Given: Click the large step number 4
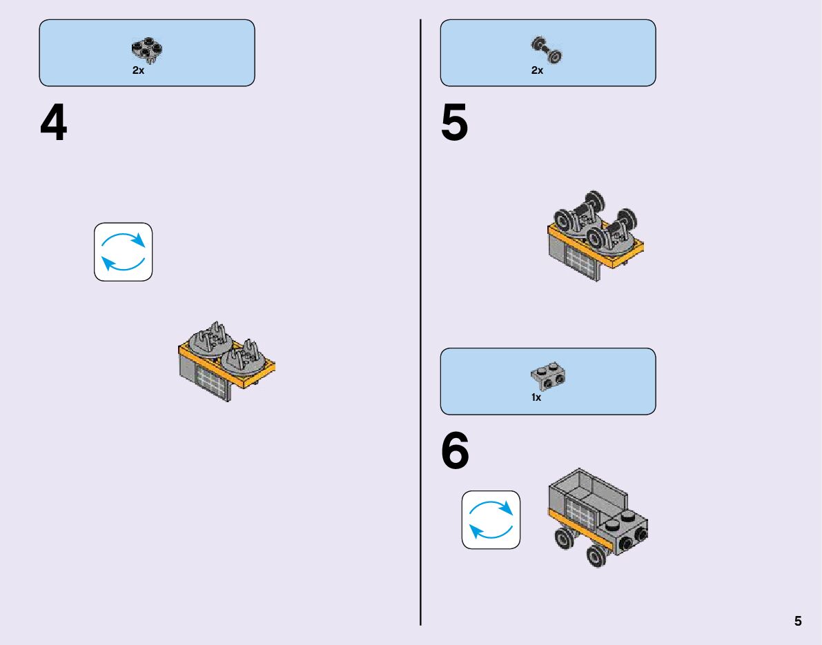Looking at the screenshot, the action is [x=54, y=125].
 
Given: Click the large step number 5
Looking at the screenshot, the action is [x=454, y=124].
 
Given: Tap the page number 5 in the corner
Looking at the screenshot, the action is [x=798, y=621].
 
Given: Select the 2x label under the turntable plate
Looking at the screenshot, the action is [x=139, y=71].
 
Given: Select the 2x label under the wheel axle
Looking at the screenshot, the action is [x=538, y=70].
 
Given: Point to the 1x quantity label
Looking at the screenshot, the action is [x=536, y=398].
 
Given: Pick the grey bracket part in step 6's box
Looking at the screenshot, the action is [x=549, y=375].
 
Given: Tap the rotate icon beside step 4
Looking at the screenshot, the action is [x=123, y=252].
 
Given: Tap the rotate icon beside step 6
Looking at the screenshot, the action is [x=491, y=519].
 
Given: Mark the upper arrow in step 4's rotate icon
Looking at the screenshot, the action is [x=124, y=238].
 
